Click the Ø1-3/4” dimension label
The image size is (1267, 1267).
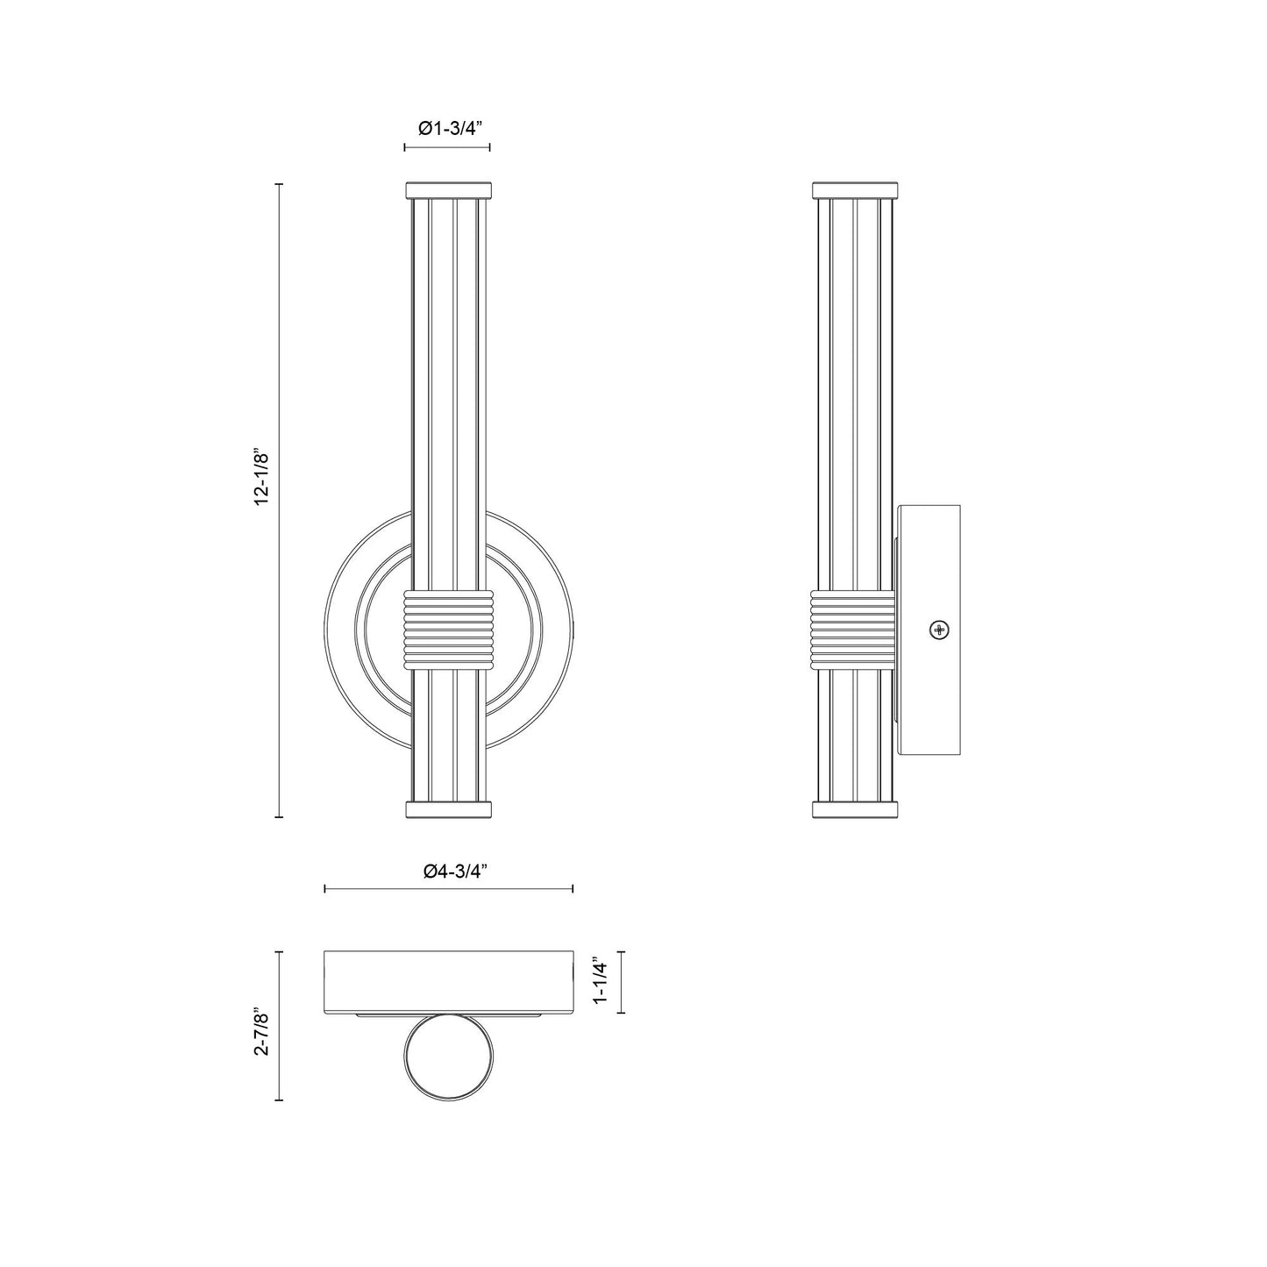446,128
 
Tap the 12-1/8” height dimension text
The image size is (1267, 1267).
263,478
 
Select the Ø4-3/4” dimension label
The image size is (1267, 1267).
449,872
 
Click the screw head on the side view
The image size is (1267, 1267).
940,630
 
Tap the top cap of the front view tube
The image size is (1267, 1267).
447,189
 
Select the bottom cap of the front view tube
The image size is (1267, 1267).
447,809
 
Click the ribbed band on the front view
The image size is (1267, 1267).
447,630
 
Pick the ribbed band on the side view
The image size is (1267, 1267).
853,630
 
